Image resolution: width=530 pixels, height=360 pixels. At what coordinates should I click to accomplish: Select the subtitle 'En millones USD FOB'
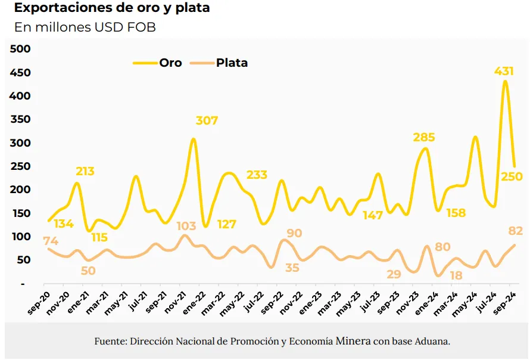tap(85, 27)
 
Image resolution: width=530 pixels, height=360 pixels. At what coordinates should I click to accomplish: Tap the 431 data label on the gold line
tap(504, 71)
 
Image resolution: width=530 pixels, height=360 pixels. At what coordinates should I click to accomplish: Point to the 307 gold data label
tap(207, 120)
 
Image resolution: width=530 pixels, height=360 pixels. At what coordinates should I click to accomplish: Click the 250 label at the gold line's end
tap(511, 176)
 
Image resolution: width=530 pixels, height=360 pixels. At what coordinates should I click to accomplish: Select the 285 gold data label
tap(424, 137)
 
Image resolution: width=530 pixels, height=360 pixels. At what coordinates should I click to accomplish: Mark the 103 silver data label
tap(186, 226)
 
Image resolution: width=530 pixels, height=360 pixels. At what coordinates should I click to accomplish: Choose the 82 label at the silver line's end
tap(516, 231)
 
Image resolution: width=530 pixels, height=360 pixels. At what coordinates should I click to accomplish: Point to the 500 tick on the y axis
tap(21, 49)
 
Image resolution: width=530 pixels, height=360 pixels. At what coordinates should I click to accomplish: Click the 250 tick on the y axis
tap(21, 166)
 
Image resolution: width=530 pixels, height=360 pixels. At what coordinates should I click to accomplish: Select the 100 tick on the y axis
tap(21, 237)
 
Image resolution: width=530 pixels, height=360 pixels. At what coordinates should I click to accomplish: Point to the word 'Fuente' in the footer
tap(108, 342)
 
